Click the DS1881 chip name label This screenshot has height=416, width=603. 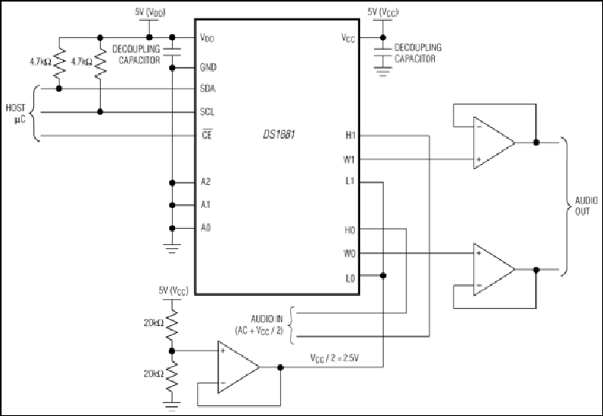pos(279,136)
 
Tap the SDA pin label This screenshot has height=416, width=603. pos(207,89)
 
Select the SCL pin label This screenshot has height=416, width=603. pos(207,112)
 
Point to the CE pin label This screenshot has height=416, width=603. pos(207,135)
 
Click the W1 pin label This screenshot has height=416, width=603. pos(349,159)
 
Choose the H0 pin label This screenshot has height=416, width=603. pos(349,230)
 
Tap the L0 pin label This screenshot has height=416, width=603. pos(350,278)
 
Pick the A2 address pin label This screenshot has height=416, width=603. pos(206,182)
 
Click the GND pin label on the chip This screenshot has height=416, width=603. pos(208,68)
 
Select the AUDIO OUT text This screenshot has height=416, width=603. pos(586,206)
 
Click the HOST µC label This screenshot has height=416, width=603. pos(15,114)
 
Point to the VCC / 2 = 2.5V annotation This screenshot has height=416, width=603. pos(335,358)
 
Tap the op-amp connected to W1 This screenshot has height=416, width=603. pos(494,143)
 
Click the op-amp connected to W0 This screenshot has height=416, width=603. pos(494,270)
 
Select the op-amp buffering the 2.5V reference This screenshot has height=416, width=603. pos(239,367)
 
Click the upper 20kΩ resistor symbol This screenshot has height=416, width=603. pos(171,324)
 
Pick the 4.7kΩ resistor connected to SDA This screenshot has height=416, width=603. pos(59,62)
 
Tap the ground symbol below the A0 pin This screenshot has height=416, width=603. pos(172,249)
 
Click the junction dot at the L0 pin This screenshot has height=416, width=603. pos(382,276)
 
